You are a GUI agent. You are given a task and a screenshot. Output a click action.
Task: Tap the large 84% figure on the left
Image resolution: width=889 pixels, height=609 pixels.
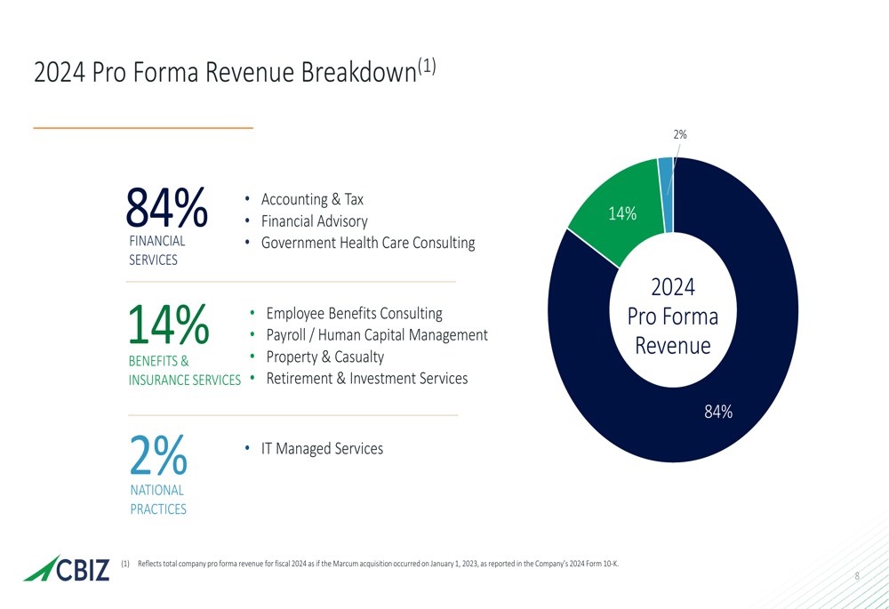(166, 209)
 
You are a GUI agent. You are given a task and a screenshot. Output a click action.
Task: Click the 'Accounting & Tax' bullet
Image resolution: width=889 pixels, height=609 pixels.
(312, 199)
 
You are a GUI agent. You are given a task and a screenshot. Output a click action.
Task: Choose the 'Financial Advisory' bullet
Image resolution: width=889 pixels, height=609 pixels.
(314, 220)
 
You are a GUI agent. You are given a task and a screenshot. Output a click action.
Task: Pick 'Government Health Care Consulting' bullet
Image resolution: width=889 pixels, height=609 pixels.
(367, 243)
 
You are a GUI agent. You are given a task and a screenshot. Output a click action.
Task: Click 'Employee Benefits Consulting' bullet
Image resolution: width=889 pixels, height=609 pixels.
(354, 313)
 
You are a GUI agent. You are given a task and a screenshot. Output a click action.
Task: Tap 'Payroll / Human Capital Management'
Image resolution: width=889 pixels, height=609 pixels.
(376, 335)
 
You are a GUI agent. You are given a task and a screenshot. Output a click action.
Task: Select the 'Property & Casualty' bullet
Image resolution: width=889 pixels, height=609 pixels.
(324, 357)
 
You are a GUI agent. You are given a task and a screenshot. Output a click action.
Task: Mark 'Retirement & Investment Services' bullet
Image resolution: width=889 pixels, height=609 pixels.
(366, 379)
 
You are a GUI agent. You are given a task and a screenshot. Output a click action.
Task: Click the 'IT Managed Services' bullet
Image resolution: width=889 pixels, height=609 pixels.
(322, 449)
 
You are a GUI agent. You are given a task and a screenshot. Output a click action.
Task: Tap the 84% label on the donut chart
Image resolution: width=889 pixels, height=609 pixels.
(718, 411)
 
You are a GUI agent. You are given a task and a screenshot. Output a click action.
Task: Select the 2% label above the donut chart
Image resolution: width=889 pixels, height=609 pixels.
(680, 134)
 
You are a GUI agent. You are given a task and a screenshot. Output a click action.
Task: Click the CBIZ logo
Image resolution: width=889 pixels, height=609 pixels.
(68, 569)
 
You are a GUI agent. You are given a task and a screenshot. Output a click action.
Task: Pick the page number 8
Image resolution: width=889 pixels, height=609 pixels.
(857, 576)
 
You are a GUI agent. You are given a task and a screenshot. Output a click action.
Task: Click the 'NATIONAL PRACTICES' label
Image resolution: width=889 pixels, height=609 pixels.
(158, 500)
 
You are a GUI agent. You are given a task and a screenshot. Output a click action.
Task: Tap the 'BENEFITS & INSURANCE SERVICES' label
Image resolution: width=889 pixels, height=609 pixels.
(184, 371)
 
